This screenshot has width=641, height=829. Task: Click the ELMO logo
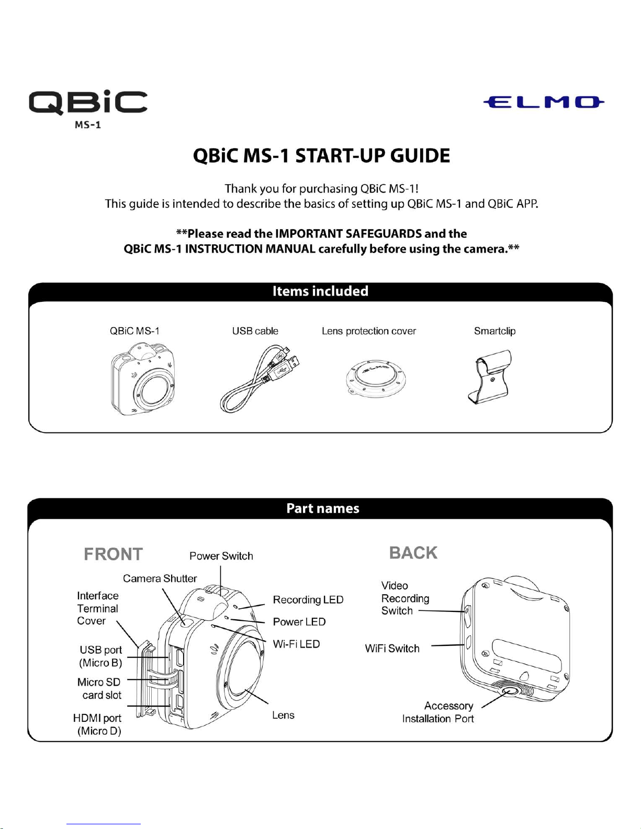coord(544,102)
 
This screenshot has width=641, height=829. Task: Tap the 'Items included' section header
coord(320,291)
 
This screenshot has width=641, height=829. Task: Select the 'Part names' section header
coord(323,508)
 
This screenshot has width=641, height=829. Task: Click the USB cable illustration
coord(260,378)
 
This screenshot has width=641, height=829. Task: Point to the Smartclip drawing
coord(489,378)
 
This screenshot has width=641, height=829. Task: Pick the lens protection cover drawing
coord(375,381)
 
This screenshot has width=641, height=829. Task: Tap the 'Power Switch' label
coord(221,556)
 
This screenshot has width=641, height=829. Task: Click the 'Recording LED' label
coord(308,599)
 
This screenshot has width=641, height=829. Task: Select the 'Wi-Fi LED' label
coord(296,644)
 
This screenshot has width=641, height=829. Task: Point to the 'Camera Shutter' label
coord(160,578)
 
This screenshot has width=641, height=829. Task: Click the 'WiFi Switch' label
coord(392,649)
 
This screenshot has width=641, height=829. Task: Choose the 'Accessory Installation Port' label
coord(438,712)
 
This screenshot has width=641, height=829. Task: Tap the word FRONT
coord(113,554)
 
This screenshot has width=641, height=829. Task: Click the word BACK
coord(413,553)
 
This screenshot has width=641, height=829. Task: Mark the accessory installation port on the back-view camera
coord(508,691)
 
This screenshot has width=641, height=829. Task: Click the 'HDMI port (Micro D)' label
coord(97,724)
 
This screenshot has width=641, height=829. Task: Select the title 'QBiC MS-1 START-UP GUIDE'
coord(321,156)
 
